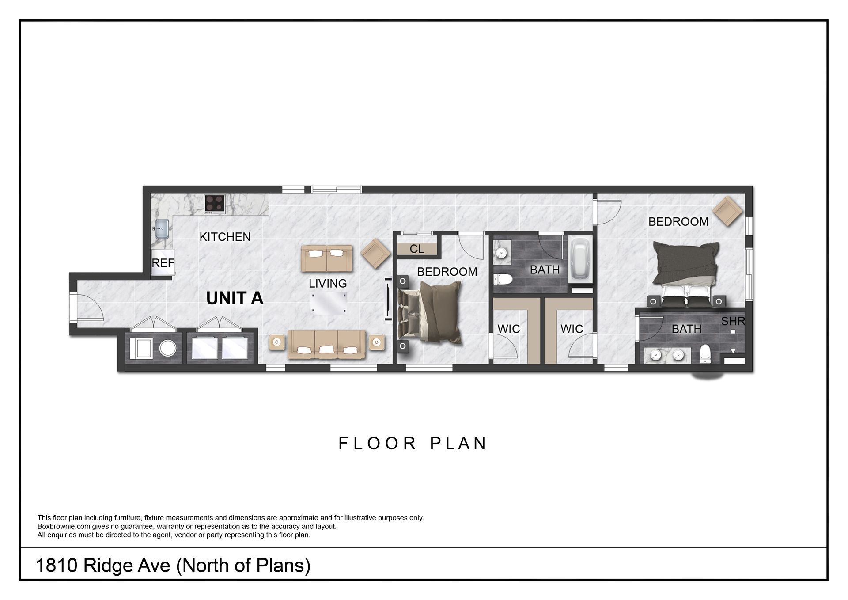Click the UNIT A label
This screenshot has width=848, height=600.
(235, 299)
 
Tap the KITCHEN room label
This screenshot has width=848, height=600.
(225, 237)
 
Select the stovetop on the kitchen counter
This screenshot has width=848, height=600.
(215, 204)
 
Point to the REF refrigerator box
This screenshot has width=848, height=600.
(163, 263)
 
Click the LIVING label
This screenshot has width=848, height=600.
(328, 283)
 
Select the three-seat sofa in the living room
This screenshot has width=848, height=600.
(326, 345)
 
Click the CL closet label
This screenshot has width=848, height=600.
(417, 249)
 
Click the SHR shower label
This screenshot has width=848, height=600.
(733, 321)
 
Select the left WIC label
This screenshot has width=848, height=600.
(509, 329)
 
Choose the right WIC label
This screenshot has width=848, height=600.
(572, 329)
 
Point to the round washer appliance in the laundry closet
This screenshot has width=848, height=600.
(168, 348)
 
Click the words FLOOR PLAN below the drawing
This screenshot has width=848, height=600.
(413, 443)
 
